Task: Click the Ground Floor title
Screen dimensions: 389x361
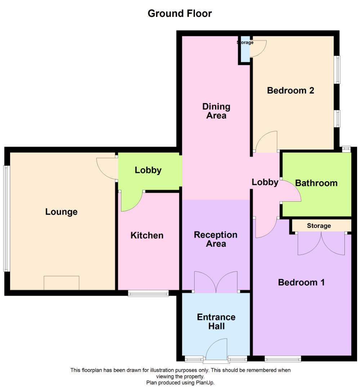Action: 180,14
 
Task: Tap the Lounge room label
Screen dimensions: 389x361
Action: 61,212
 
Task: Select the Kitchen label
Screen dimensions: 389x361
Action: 147,236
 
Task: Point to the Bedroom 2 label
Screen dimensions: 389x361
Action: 290,90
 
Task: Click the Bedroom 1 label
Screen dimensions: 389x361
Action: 301,282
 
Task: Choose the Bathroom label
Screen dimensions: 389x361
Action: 316,183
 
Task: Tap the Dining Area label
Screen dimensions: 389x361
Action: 216,111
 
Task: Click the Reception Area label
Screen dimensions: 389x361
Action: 215,239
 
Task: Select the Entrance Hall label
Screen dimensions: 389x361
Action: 216,322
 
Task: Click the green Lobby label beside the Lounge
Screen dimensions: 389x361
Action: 148,170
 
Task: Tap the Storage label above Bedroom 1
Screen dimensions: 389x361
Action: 319,226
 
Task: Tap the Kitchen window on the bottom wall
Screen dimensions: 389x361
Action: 148,294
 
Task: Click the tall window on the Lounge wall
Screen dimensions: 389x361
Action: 5,218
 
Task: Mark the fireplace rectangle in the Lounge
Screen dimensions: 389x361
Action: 61,283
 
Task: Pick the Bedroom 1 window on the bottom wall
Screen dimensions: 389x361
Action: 283,359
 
